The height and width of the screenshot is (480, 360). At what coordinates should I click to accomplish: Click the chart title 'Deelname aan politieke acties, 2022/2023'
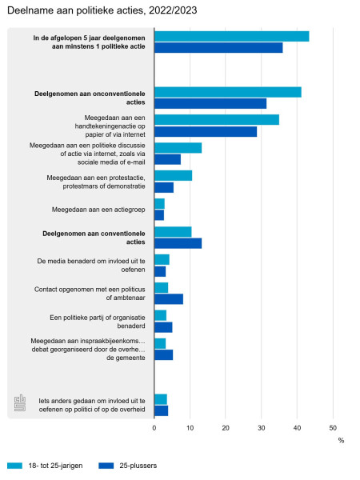[x=102, y=10]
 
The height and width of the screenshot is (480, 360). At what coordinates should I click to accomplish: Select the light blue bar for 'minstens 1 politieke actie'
[x=232, y=37]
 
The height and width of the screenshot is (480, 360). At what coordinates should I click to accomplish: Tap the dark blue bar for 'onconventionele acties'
[x=210, y=103]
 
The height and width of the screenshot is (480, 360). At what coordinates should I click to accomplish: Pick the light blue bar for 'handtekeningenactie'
[x=217, y=120]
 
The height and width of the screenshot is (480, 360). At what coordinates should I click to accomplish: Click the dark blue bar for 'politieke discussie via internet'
[x=167, y=159]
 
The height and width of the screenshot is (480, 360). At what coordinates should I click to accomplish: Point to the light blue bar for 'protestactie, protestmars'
[x=174, y=176]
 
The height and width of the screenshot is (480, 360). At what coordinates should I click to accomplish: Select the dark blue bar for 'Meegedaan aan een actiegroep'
[x=159, y=215]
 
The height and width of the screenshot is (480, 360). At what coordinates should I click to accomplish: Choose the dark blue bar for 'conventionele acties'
[x=178, y=243]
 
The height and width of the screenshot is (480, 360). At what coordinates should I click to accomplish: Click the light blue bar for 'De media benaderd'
[x=162, y=259]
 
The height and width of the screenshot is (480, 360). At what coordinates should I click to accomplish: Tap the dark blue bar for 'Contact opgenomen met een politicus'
[x=169, y=299]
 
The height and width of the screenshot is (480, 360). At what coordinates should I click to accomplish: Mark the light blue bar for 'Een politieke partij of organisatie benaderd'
[x=161, y=316]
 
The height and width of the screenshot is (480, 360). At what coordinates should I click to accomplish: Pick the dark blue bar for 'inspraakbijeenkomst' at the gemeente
[x=164, y=355]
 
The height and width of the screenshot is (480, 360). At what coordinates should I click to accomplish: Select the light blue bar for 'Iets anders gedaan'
[x=161, y=399]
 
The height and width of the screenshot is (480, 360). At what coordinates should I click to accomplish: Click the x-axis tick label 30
[x=261, y=428]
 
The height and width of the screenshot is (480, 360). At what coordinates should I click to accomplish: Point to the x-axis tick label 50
[x=333, y=428]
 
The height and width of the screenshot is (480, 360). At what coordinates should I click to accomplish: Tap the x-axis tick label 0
[x=154, y=428]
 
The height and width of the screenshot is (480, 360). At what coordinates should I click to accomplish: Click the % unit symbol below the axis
[x=341, y=441]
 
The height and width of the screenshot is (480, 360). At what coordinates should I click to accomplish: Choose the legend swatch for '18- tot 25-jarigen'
[x=14, y=466]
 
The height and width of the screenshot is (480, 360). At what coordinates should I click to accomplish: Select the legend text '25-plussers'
[x=138, y=466]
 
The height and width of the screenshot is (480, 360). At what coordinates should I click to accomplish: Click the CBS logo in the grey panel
[x=20, y=402]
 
